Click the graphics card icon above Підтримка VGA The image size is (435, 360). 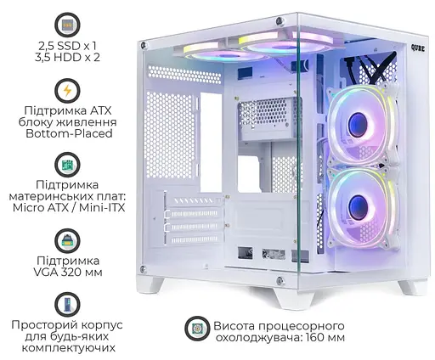(63, 234)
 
